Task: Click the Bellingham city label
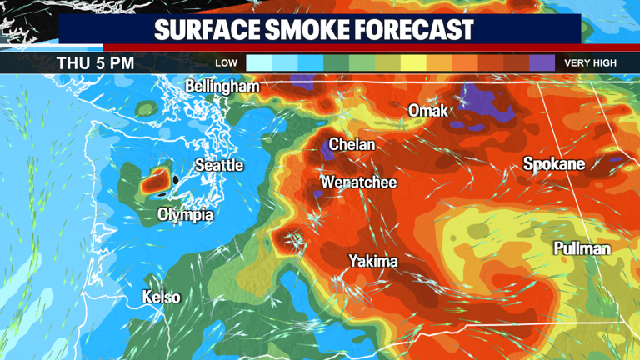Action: [222, 86]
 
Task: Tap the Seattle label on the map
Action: [219, 165]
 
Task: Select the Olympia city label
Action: [185, 215]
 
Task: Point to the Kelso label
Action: [161, 297]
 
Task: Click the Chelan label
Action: [352, 144]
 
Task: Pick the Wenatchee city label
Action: [358, 182]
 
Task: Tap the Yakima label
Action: [372, 261]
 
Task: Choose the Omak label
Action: [427, 111]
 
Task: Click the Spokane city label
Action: [553, 164]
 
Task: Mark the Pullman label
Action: [582, 248]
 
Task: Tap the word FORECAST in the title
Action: [420, 31]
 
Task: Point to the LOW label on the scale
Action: [226, 63]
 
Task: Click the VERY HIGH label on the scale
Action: [590, 63]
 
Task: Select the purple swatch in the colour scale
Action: [542, 62]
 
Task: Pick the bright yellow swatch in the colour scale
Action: [413, 62]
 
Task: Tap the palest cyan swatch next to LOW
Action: [259, 62]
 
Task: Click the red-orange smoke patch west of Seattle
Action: [154, 178]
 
